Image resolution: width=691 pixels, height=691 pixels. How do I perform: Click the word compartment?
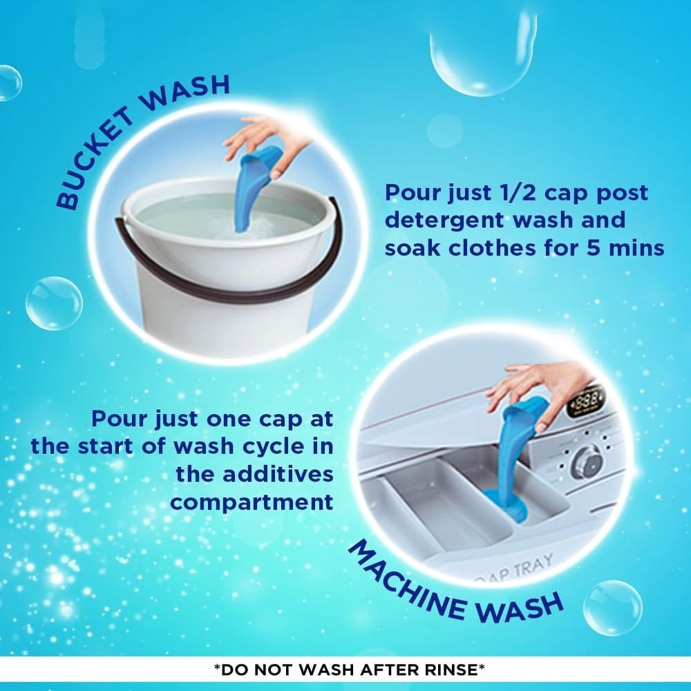(252, 502)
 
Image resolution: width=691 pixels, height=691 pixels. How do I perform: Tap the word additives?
(255, 474)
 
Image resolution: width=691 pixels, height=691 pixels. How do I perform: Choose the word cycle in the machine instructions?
(274, 447)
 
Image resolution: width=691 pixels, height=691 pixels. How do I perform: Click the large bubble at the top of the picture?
(483, 50)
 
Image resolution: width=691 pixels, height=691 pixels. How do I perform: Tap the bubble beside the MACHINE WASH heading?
(612, 608)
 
